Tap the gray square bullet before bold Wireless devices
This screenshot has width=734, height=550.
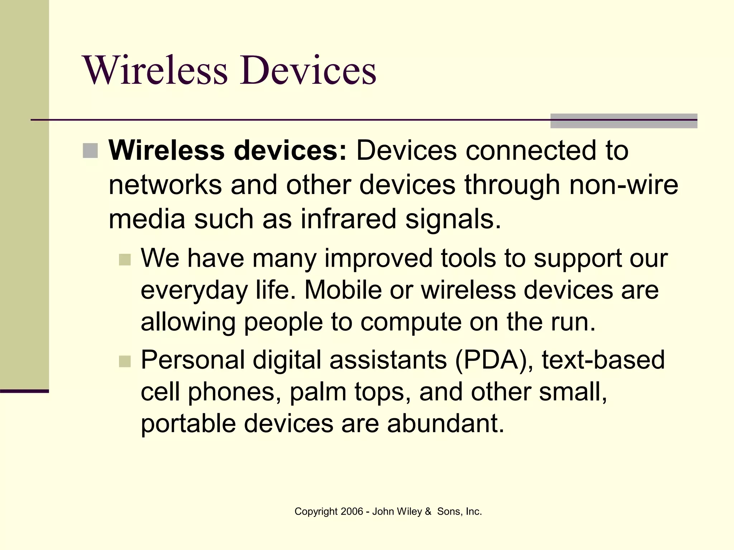90,151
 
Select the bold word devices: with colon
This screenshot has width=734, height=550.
290,150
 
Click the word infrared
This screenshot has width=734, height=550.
348,219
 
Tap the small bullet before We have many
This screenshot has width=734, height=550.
125,260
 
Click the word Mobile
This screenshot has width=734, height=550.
343,290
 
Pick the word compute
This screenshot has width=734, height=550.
411,322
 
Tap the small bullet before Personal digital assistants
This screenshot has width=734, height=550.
125,361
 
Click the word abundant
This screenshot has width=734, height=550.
445,423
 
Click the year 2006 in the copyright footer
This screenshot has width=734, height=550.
352,511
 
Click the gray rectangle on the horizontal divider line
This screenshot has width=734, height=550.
624,121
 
